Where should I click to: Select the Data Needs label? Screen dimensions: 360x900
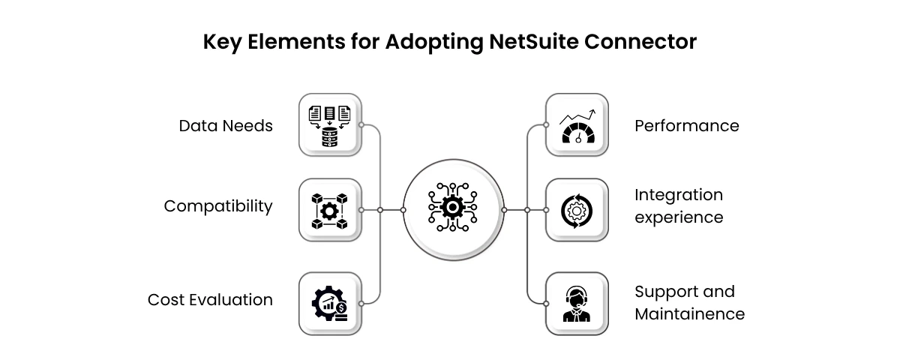click(226, 125)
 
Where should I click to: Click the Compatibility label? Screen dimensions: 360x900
click(218, 205)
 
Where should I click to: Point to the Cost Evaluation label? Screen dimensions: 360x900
click(210, 300)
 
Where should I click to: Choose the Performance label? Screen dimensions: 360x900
click(687, 125)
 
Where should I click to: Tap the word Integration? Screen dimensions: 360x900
click(679, 195)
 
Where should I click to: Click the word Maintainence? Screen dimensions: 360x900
click(690, 313)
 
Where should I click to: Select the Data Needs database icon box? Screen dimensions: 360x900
click(330, 125)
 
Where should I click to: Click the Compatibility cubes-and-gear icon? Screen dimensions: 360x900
click(330, 210)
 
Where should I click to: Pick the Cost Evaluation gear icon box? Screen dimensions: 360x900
click(330, 303)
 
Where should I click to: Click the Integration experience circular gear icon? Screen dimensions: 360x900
click(576, 210)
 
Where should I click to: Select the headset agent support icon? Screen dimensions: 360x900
click(576, 303)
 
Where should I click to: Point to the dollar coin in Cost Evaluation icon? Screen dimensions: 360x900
click(342, 307)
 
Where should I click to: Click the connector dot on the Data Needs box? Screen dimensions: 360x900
click(361, 125)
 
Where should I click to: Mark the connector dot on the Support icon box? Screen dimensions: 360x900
click(545, 303)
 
